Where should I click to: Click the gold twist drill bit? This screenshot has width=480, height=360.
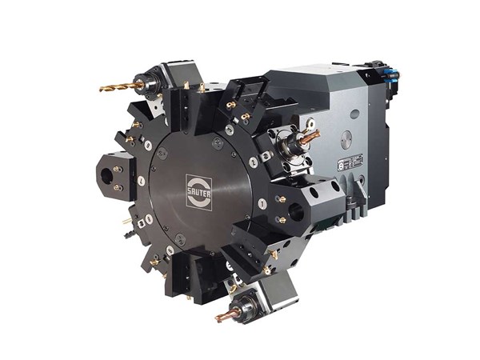point(117,86)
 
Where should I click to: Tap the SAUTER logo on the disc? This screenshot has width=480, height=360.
point(199,191)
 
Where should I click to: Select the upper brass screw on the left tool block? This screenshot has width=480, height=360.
point(116,169)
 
